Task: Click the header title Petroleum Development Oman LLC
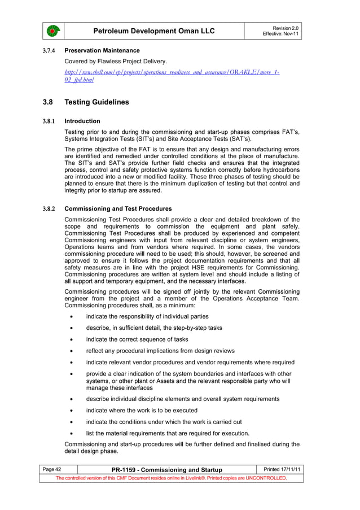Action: click(x=153, y=30)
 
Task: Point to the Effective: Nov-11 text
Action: click(x=281, y=34)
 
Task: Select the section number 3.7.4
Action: click(x=49, y=51)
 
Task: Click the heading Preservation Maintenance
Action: click(x=102, y=51)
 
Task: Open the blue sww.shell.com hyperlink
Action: click(x=172, y=76)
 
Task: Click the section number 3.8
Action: click(x=48, y=102)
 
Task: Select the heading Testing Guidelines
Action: click(x=96, y=102)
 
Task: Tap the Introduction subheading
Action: click(x=82, y=121)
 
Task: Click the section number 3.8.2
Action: click(x=49, y=208)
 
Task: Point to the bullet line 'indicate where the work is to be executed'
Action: click(x=141, y=411)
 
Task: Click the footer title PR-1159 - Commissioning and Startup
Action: click(x=166, y=470)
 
